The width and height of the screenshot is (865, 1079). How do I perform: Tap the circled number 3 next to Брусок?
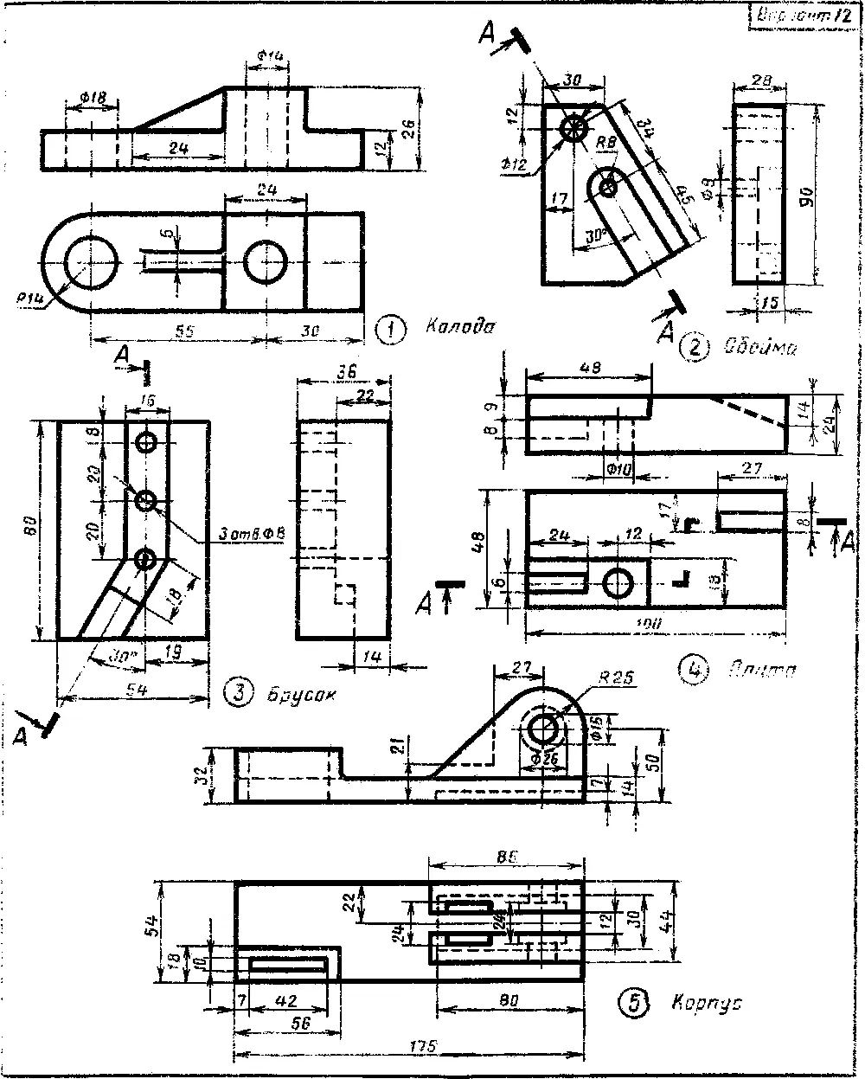(238, 691)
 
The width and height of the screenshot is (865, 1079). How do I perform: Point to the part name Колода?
(458, 327)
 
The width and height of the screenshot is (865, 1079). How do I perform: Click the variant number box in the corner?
(801, 15)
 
